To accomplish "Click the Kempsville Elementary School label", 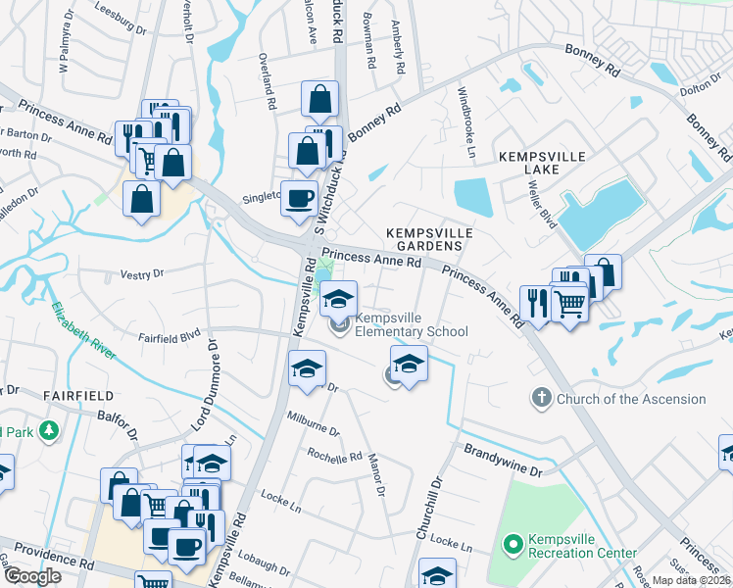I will [x=412, y=324].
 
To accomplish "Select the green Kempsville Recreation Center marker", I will [x=512, y=543].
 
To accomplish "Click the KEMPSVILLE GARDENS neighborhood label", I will [x=429, y=240].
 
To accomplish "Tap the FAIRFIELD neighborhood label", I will [x=78, y=395].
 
